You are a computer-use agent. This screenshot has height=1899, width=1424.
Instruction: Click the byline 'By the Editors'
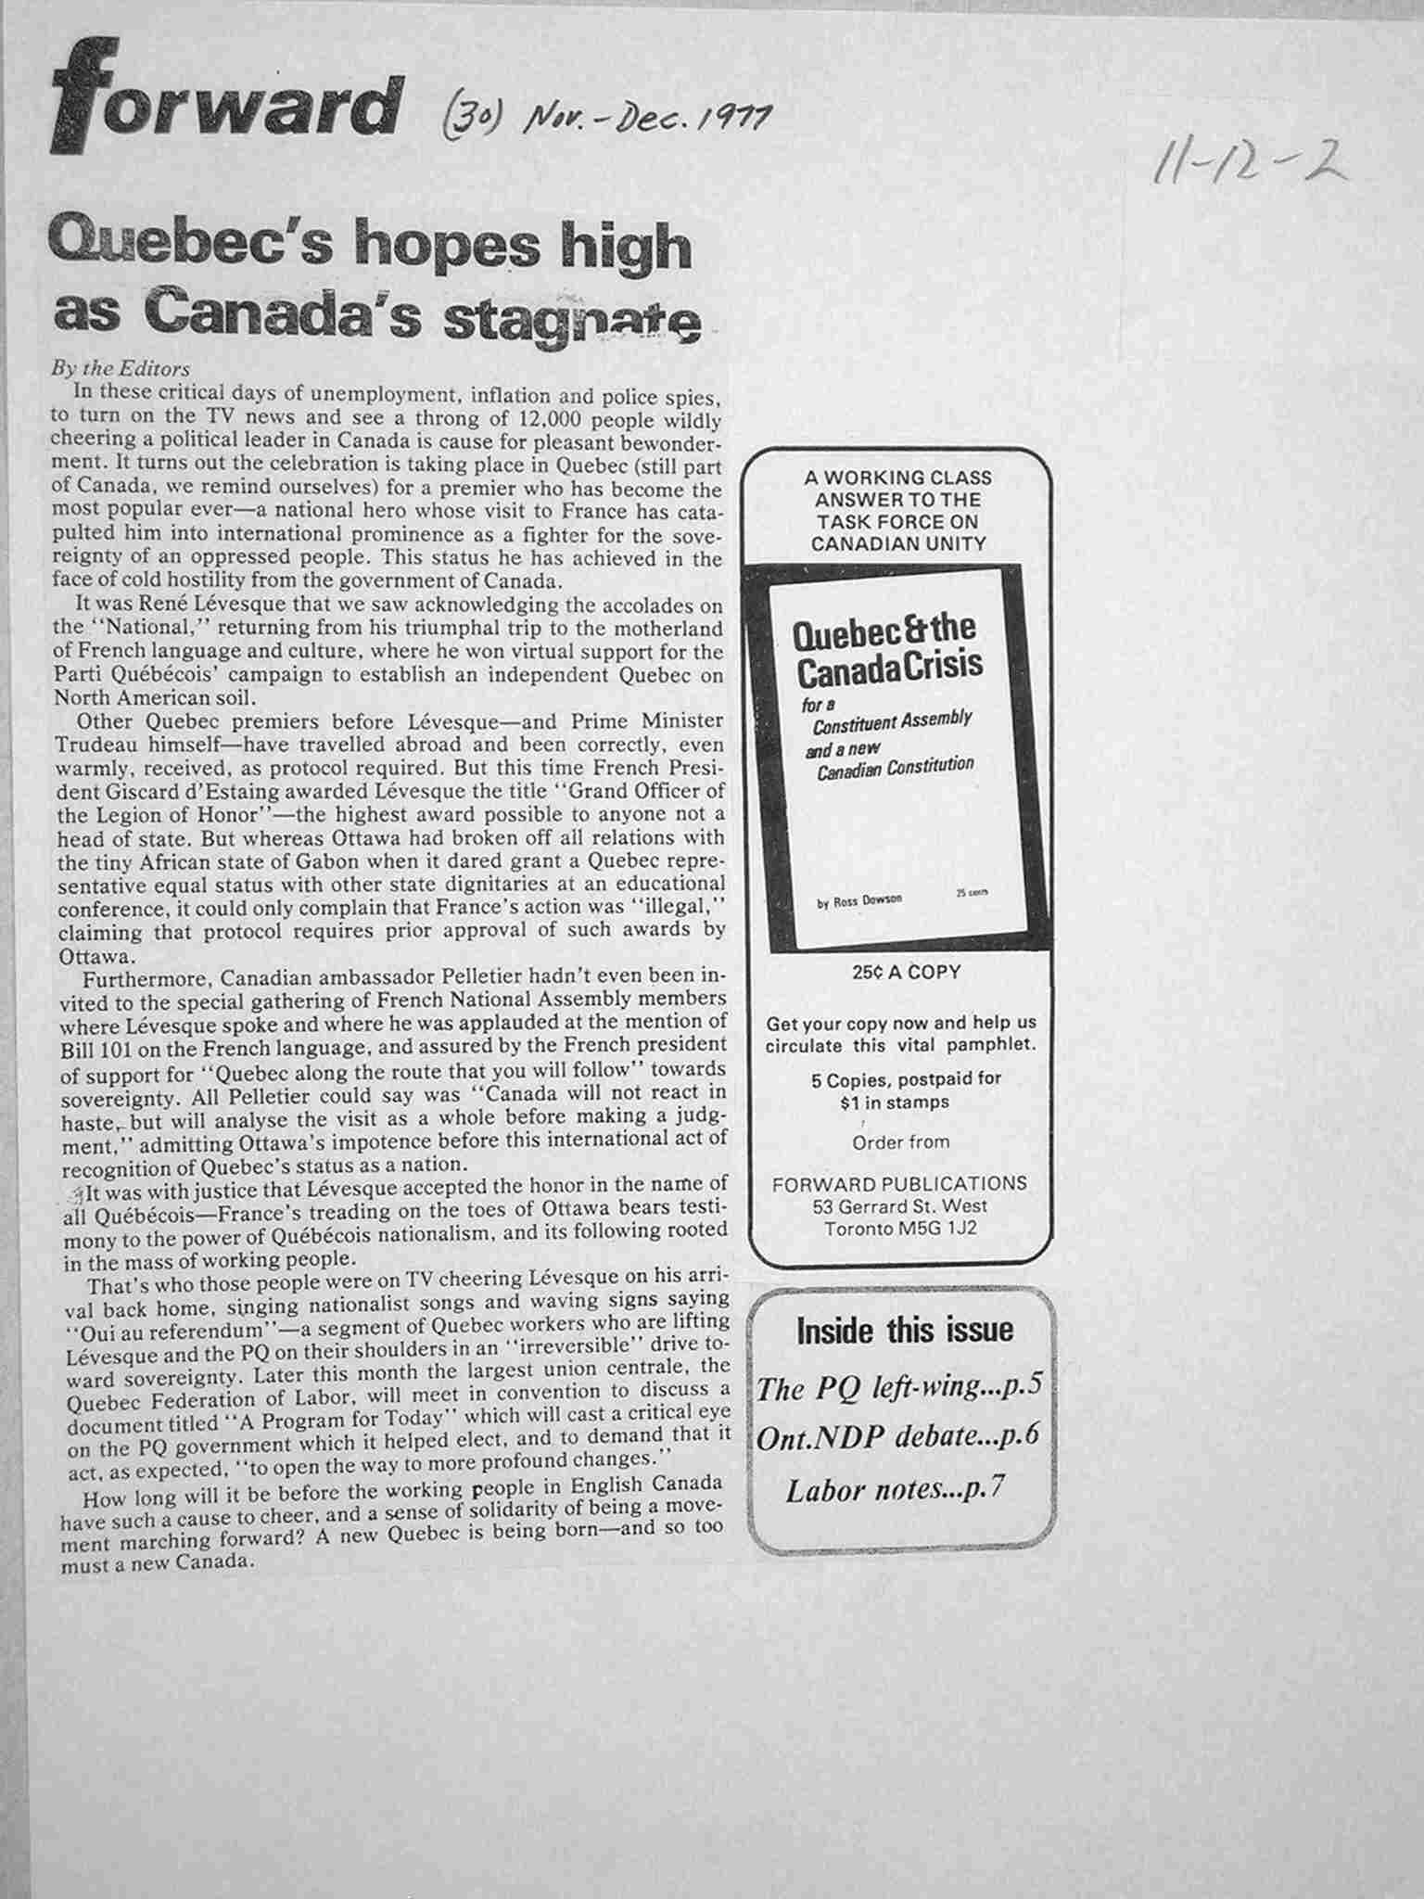coord(121,369)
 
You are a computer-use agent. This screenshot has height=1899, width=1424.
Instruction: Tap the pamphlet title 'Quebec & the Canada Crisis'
coord(885,648)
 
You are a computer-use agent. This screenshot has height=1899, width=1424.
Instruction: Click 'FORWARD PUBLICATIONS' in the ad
coord(899,1183)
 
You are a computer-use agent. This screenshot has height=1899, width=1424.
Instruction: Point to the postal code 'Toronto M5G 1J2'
coord(900,1229)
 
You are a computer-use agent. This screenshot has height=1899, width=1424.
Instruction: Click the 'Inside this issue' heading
coord(904,1331)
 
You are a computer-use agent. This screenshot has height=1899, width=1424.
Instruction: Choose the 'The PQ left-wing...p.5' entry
coord(900,1387)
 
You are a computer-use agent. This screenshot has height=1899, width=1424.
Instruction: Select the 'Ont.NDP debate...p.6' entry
coord(896,1436)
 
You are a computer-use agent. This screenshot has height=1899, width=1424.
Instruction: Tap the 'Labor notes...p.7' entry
coord(896,1490)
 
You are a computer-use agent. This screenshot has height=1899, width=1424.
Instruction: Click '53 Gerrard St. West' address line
coord(899,1206)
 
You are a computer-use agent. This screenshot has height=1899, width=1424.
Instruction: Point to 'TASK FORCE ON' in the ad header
coord(897,522)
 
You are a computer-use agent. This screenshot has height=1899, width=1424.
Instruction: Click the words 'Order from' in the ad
coord(900,1141)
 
